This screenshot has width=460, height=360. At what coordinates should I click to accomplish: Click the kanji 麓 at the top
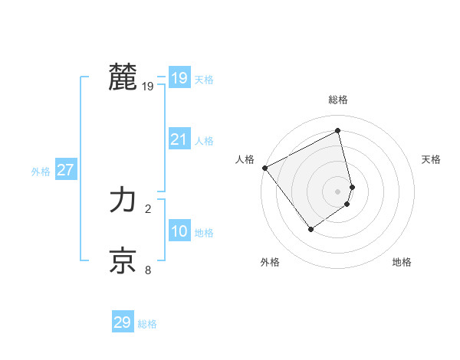[123, 77]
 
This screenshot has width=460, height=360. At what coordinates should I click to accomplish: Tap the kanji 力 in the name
[123, 201]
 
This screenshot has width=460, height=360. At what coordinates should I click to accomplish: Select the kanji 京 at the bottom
[123, 261]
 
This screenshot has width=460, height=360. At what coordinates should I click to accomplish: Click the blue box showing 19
[179, 78]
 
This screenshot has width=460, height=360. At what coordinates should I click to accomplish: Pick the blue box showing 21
[179, 139]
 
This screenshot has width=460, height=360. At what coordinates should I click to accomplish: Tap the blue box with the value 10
[179, 231]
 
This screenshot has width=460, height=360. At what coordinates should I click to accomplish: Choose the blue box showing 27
[66, 170]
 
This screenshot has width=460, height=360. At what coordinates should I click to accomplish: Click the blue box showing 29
[123, 322]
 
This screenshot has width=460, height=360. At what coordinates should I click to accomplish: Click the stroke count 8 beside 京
[148, 270]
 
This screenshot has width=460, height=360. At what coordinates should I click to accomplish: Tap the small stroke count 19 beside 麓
[148, 87]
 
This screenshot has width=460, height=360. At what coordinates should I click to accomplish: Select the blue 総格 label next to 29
[147, 324]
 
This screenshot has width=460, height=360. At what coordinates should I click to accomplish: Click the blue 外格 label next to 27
[41, 172]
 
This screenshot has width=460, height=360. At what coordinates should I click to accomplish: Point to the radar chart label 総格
[337, 100]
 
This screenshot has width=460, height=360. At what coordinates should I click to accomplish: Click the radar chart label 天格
[432, 159]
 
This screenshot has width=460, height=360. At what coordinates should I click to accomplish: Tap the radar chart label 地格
[402, 262]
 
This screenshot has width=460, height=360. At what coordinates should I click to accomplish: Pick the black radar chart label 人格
[245, 159]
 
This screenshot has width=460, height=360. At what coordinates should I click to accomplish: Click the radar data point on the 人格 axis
[264, 168]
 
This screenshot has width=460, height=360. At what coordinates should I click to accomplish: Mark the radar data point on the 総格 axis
[337, 130]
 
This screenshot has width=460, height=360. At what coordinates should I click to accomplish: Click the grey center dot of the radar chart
[337, 191]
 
